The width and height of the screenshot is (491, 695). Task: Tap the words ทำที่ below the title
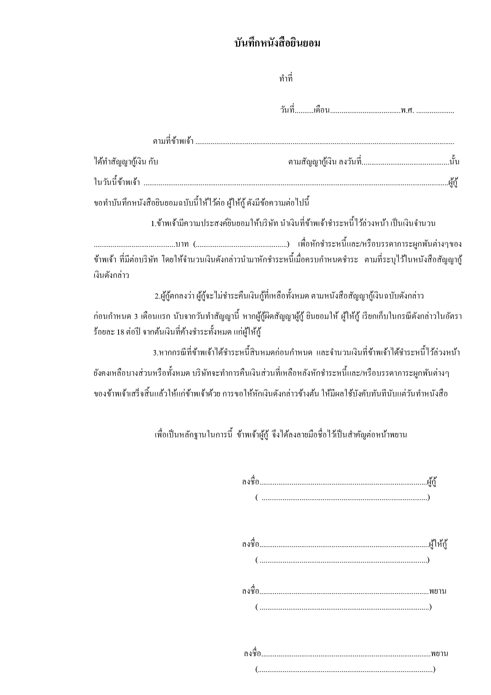click(286, 79)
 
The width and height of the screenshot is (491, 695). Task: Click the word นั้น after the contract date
click(454, 162)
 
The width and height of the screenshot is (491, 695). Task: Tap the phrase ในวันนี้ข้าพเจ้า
click(117, 182)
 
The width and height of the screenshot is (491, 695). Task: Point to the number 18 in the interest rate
click(120, 332)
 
